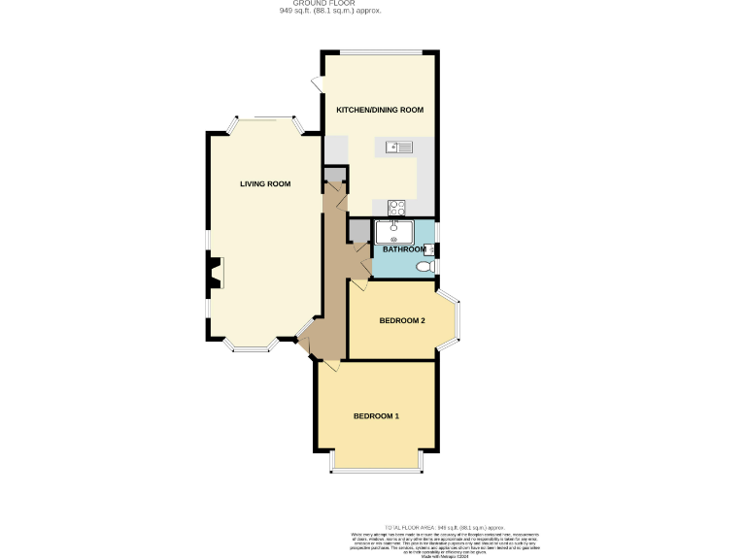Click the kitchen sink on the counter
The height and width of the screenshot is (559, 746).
tap(398, 148)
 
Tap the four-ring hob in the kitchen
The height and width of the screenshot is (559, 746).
tap(396, 207)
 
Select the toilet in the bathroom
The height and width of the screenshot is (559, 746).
tap(424, 267)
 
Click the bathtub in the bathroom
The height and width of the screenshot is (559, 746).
tap(395, 231)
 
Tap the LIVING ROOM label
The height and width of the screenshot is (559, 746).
tap(265, 183)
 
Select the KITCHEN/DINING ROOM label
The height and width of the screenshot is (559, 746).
tap(380, 111)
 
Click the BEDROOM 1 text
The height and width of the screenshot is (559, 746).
tap(376, 416)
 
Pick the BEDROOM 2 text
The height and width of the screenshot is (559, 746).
tap(402, 321)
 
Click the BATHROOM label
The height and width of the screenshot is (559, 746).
tap(404, 249)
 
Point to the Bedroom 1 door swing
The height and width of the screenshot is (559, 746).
tap(329, 365)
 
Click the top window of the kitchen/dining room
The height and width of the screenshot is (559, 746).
tap(380, 51)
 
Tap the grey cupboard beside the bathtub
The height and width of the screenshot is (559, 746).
tap(359, 231)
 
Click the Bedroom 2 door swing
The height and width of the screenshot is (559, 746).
tap(357, 283)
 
